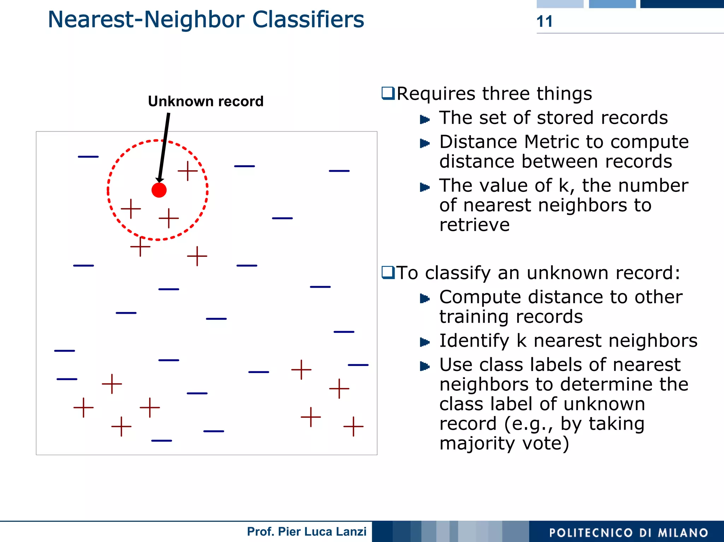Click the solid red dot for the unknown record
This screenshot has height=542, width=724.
pyautogui.click(x=159, y=190)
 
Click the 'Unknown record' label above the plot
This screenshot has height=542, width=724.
pyautogui.click(x=206, y=101)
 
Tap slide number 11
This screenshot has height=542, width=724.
pyautogui.click(x=544, y=22)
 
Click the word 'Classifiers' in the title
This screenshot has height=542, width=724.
pyautogui.click(x=308, y=19)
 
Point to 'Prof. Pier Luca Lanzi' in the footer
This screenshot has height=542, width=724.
pyautogui.click(x=306, y=531)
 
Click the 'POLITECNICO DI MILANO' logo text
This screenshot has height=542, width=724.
pyautogui.click(x=629, y=532)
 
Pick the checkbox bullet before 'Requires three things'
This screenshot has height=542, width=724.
pyautogui.click(x=388, y=94)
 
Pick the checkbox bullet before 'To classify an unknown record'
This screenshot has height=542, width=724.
pyautogui.click(x=388, y=273)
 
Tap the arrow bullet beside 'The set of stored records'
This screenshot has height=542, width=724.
pyautogui.click(x=425, y=119)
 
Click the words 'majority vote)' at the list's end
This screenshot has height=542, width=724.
pyautogui.click(x=504, y=443)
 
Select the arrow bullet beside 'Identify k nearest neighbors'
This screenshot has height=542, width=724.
pyautogui.click(x=425, y=342)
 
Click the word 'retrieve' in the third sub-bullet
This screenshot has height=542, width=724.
pyautogui.click(x=474, y=225)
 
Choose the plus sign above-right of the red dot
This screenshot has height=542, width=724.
pyautogui.click(x=188, y=171)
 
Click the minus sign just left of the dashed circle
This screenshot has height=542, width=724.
pyautogui.click(x=88, y=157)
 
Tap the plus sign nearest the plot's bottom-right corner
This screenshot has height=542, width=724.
pyautogui.click(x=353, y=426)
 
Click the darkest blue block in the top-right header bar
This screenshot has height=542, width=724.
pyautogui.click(x=682, y=4)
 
